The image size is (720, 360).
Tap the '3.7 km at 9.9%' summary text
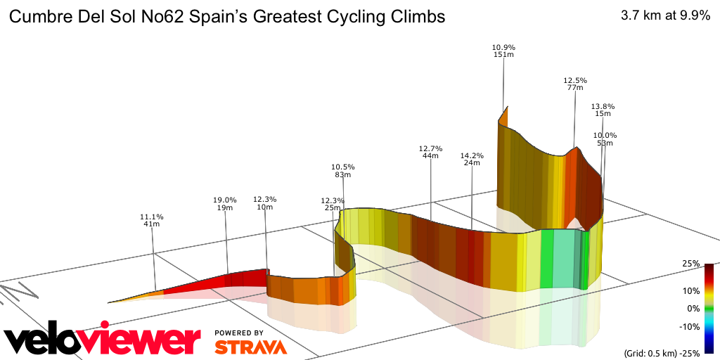click(665, 17)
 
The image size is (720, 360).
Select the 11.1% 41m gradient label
click(152, 220)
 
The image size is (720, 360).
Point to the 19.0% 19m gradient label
click(224, 203)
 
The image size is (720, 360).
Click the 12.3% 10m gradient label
click(264, 203)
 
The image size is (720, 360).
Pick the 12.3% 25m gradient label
click(333, 205)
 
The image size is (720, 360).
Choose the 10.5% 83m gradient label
click(343, 170)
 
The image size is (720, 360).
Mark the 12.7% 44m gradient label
click(430, 152)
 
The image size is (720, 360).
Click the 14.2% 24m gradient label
click(472, 159)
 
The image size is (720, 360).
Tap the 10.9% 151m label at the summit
click(503, 51)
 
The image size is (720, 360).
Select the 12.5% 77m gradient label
click(574, 84)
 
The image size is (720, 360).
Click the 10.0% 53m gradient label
click(605, 139)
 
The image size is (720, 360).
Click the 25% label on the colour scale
click(690, 264)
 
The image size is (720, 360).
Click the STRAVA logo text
click(250, 347)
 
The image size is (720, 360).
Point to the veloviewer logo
click(102, 341)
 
